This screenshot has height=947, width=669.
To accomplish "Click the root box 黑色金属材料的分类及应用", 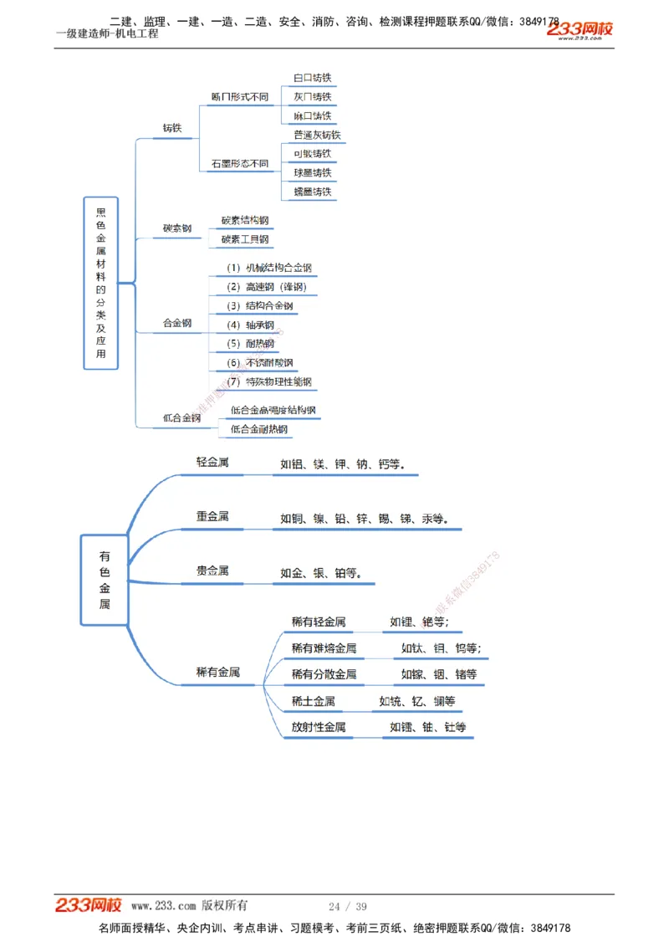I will pyautogui.click(x=101, y=283).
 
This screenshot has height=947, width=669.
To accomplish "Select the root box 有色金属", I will pyautogui.click(x=105, y=580).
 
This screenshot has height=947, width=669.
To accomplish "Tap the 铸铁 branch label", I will pyautogui.click(x=172, y=128).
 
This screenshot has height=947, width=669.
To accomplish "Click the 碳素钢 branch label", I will pyautogui.click(x=177, y=228).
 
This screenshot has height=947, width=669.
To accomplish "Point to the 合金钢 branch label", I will pyautogui.click(x=177, y=323).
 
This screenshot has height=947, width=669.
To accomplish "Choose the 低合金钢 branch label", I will pyautogui.click(x=181, y=417).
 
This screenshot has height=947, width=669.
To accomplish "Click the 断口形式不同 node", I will pyautogui.click(x=240, y=97).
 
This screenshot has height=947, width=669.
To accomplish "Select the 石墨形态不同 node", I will pyautogui.click(x=240, y=164).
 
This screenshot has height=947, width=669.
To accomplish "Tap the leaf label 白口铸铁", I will pyautogui.click(x=312, y=78).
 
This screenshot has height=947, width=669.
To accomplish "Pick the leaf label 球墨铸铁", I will pyautogui.click(x=312, y=173).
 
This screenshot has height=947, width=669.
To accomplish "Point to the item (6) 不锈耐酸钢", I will pyautogui.click(x=260, y=363).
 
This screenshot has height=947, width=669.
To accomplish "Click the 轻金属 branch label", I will pyautogui.click(x=212, y=462).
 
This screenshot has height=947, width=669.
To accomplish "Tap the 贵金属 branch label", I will pyautogui.click(x=212, y=571).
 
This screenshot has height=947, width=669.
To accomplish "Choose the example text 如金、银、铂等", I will pyautogui.click(x=321, y=573).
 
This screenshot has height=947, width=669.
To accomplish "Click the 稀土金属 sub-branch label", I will pyautogui.click(x=313, y=701).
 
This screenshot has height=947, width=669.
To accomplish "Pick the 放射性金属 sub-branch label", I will pyautogui.click(x=318, y=727).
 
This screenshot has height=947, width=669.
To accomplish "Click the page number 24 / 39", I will pyautogui.click(x=348, y=906).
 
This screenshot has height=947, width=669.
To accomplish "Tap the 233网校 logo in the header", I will pyautogui.click(x=580, y=30).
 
